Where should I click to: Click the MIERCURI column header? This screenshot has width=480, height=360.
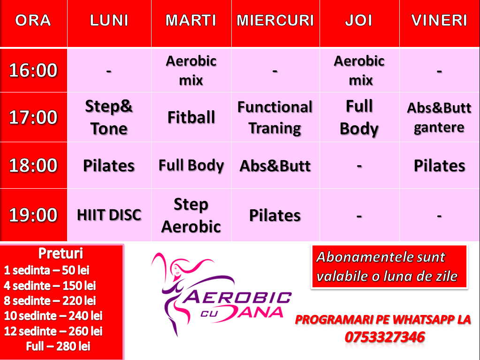coord(275,21)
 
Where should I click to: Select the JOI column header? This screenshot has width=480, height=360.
coord(359,21)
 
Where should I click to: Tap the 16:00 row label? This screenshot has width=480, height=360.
coord(33,70)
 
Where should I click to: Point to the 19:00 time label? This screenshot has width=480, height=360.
coord(33,214)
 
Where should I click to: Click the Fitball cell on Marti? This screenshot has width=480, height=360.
coord(191,117)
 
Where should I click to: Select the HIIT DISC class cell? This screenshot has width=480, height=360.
coord(109,215)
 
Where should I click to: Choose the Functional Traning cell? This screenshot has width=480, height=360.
coord(275,117)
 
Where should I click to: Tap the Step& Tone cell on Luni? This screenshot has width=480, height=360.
coord(109,117)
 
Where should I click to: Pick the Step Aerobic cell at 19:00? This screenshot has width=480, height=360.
coord(191,215)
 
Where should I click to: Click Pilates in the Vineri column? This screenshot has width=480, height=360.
coord(439,166)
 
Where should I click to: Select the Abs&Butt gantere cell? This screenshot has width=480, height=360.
coord(439,117)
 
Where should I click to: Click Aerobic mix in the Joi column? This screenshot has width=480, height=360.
coord(359,70)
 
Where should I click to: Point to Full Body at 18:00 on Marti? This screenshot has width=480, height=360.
coord(191,166)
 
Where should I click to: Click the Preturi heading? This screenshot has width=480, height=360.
coord(61,253)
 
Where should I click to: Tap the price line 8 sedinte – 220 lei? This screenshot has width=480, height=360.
coord(50,300)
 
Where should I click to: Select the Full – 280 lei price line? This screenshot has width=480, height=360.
coord(58,346)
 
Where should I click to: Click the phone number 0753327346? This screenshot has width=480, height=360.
coord(385,337)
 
